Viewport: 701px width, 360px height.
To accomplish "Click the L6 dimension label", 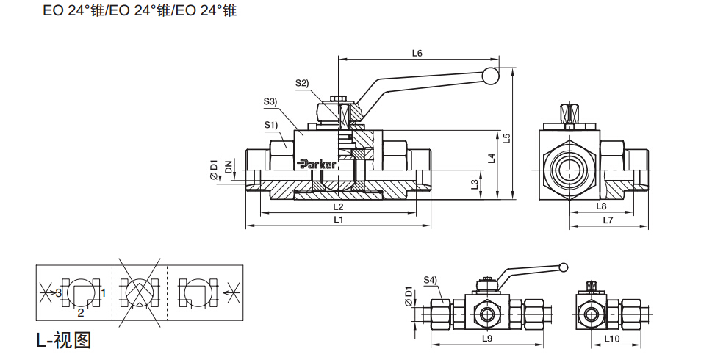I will tap(417, 53).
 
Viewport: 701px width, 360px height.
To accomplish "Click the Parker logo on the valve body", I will tap(317, 164).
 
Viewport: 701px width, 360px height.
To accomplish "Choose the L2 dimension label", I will tap(337, 206).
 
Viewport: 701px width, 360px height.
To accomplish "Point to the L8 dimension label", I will tap(600, 206).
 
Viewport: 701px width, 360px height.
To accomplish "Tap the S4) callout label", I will tap(430, 280).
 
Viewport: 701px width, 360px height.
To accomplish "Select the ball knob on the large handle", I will tap(490, 75).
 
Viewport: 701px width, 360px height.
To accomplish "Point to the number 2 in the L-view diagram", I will tap(81, 312).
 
